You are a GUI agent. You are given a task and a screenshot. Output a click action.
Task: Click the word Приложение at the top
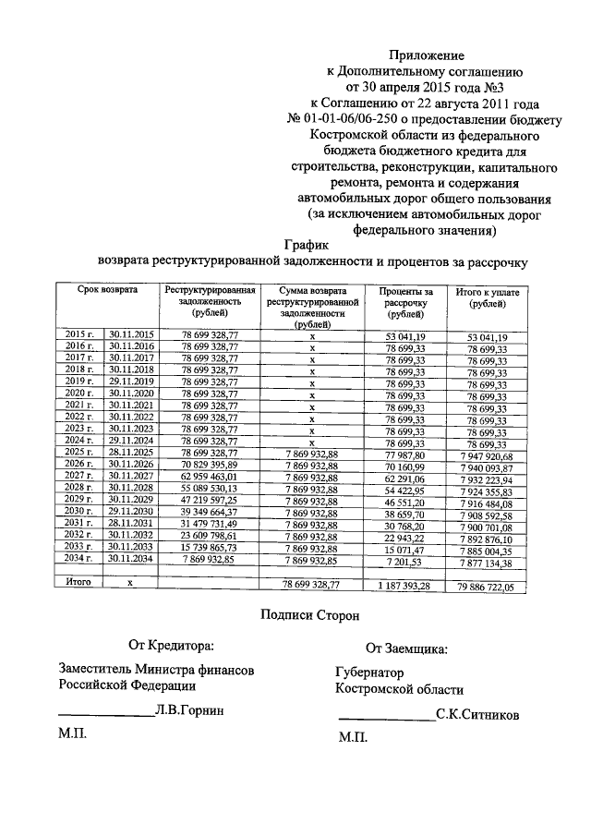427,56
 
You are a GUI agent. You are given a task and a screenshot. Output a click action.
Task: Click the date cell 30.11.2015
131,334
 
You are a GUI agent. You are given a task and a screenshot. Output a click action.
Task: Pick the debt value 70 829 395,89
211,464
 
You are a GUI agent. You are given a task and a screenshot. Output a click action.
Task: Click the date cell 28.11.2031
131,523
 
